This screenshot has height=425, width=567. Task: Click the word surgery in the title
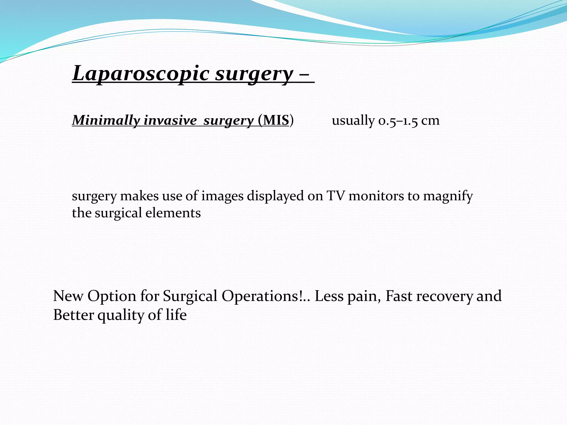[x=254, y=74]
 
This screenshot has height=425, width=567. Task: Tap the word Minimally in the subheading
[x=106, y=120]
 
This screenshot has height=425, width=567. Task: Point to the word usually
[x=353, y=120]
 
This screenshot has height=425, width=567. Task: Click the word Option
[x=112, y=296]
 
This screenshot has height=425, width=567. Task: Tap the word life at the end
[x=176, y=315]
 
